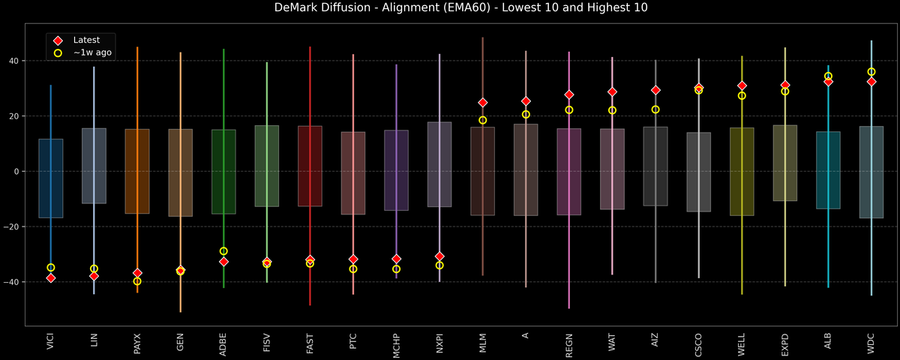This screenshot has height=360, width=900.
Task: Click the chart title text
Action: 450,8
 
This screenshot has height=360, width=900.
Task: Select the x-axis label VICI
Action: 50,340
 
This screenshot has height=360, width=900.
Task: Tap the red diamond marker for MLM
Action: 483,103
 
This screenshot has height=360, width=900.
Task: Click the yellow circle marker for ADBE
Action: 223,251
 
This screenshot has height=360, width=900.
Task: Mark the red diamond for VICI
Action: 51,278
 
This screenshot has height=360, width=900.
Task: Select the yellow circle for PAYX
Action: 137,281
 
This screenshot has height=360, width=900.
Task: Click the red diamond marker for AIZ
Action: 655,90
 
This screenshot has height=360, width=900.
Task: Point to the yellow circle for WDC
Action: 871,72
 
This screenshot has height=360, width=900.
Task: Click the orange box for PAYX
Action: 137,171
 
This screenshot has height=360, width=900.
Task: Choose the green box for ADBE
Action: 223,172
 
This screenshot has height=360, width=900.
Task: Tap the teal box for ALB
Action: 828,170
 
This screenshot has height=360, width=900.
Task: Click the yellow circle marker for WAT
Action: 612,110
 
